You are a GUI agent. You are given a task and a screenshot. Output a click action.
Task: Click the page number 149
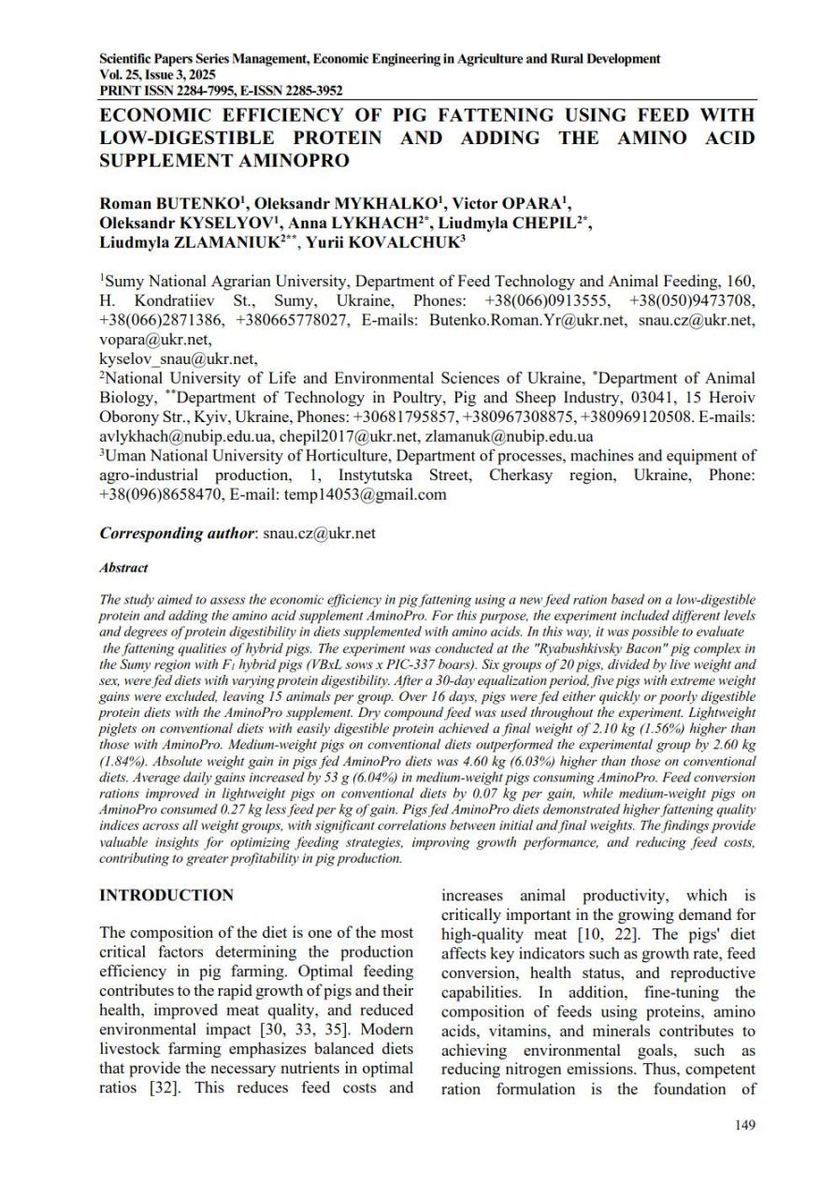744,1125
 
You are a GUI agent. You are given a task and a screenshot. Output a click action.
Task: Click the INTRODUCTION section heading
166,896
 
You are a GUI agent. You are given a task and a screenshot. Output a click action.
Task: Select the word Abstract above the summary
123,567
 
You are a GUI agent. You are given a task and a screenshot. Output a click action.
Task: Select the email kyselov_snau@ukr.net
179,358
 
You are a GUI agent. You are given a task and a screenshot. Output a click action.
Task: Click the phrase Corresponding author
177,533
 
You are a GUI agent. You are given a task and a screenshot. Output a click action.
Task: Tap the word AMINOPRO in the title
285,160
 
